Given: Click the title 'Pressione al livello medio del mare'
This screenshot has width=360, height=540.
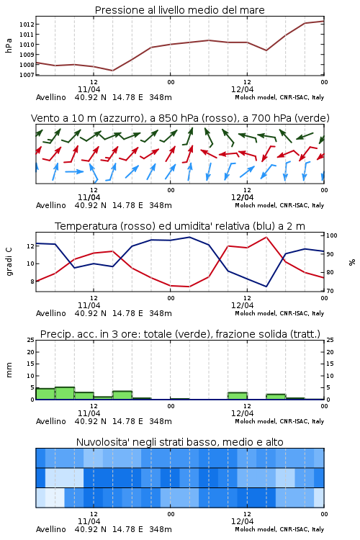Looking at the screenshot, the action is (x=179, y=10).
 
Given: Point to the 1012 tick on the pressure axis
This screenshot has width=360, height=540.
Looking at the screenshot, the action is (x=26, y=24).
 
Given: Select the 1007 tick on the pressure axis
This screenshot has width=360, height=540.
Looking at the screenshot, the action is (x=26, y=75).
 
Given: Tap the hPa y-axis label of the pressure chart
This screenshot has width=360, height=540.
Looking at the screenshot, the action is (x=9, y=45).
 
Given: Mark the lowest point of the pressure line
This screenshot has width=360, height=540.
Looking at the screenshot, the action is (x=112, y=71).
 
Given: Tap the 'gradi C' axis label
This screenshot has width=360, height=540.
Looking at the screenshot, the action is (x=9, y=261).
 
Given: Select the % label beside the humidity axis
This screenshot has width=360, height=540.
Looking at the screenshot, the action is (x=352, y=262).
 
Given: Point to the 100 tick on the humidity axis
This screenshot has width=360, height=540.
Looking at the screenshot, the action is (x=331, y=235).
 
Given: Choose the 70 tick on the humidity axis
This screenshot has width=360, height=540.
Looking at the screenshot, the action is (x=330, y=291).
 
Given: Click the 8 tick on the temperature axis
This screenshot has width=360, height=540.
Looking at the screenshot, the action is (x=32, y=282).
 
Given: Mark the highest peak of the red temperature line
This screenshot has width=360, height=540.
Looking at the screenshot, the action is (x=266, y=238).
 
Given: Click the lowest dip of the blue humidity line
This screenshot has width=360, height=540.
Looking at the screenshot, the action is (x=266, y=287).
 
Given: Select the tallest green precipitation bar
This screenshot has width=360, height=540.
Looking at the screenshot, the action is (x=65, y=393).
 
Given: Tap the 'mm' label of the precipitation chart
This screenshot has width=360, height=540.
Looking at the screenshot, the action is (x=9, y=370).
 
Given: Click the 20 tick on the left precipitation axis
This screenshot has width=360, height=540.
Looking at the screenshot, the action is (x=31, y=352).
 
